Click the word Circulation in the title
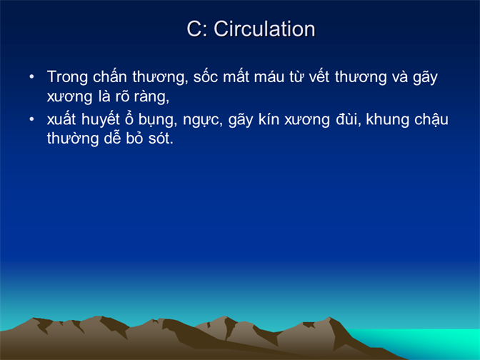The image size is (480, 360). click(264, 29)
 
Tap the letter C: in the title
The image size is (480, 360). click(196, 29)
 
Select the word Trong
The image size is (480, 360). click(67, 77)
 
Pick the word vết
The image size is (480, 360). click(319, 76)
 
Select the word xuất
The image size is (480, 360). click(61, 119)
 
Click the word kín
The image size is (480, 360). click(269, 119)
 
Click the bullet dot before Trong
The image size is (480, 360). click(32, 77)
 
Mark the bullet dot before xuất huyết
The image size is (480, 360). click(32, 119)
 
